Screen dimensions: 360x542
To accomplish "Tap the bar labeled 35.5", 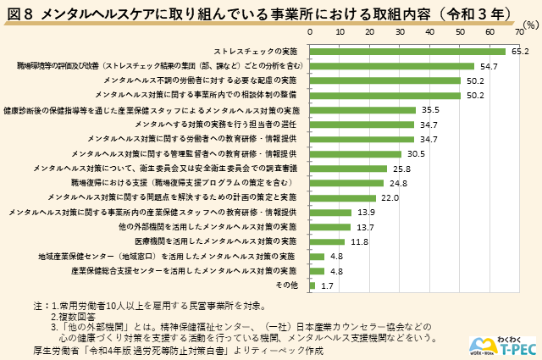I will [363, 109].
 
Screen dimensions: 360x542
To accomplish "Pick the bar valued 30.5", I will [356, 153].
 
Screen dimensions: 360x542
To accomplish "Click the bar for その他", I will [312, 285].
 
